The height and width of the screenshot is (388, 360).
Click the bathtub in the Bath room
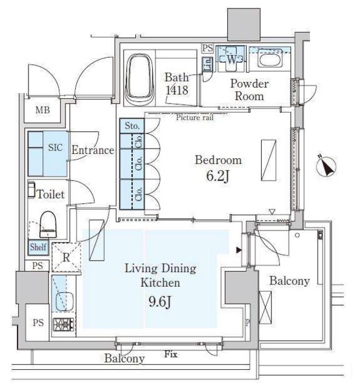(139, 79)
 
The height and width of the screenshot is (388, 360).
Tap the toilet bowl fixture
(48, 225)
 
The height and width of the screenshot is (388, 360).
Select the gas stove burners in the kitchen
(64, 324)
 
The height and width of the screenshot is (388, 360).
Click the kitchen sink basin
(65, 302)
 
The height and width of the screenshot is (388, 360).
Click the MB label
(42, 110)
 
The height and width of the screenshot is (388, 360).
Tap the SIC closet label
(55, 147)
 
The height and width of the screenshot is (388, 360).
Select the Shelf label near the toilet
(38, 247)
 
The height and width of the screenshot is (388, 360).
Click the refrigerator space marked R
(66, 258)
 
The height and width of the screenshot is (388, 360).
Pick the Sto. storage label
(132, 125)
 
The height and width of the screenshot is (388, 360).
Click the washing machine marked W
(231, 59)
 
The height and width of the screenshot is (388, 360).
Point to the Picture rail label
(195, 117)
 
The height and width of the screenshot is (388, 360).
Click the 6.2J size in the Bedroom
(218, 176)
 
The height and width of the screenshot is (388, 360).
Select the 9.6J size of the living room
(160, 301)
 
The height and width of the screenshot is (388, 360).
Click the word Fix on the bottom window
(171, 354)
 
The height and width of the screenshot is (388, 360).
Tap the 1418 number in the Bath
(177, 90)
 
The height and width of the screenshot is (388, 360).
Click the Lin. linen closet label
(208, 64)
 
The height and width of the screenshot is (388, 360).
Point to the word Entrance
(93, 150)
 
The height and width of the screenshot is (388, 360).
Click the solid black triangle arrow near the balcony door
(239, 250)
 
